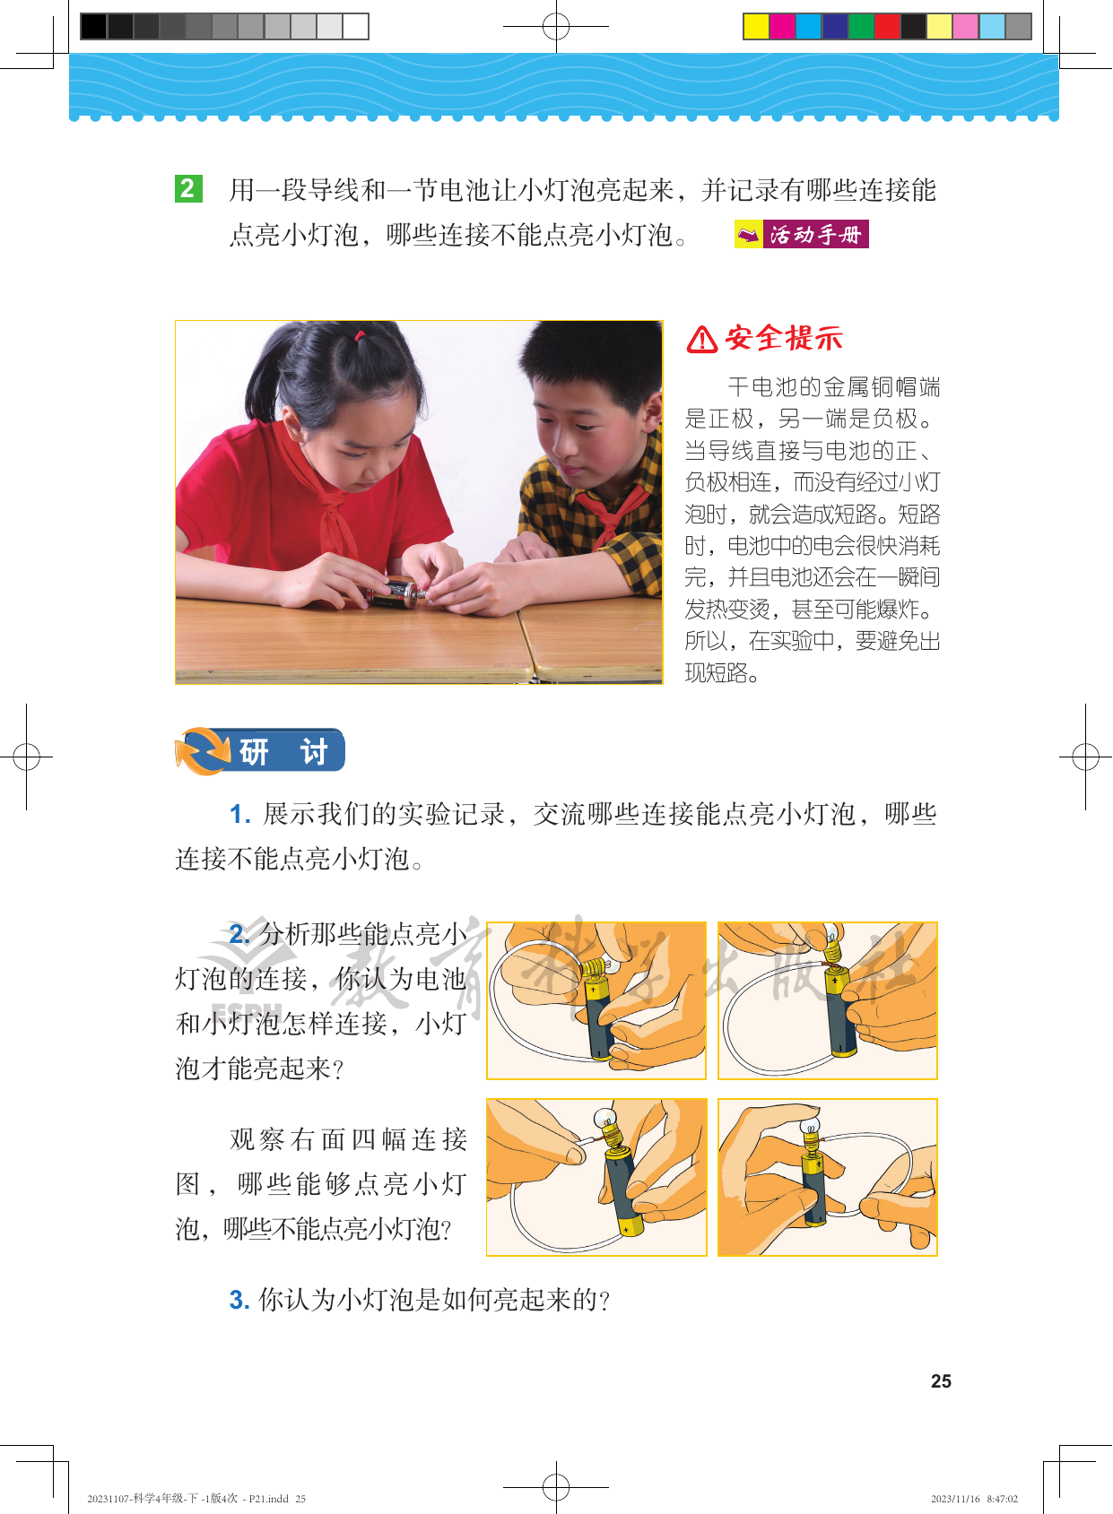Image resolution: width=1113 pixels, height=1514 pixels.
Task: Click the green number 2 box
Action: (x=188, y=188)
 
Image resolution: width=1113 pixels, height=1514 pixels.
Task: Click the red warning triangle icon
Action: (x=701, y=340)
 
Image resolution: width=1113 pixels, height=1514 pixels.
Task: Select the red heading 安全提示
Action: (x=784, y=338)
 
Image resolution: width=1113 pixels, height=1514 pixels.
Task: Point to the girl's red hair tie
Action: (x=360, y=335)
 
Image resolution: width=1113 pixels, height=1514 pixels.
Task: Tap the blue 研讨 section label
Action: (x=284, y=751)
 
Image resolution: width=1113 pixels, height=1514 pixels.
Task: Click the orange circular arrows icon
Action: (x=203, y=751)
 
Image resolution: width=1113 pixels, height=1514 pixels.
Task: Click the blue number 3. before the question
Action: (x=239, y=1299)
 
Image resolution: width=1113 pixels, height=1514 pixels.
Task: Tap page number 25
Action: (x=941, y=1380)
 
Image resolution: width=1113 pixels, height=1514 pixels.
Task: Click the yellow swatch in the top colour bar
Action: (x=757, y=26)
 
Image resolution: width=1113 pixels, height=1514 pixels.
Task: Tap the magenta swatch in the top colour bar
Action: (x=782, y=26)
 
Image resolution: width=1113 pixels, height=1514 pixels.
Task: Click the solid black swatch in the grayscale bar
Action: (x=93, y=26)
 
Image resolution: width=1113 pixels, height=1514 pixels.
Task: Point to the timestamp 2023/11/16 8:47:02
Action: (x=974, y=1499)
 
